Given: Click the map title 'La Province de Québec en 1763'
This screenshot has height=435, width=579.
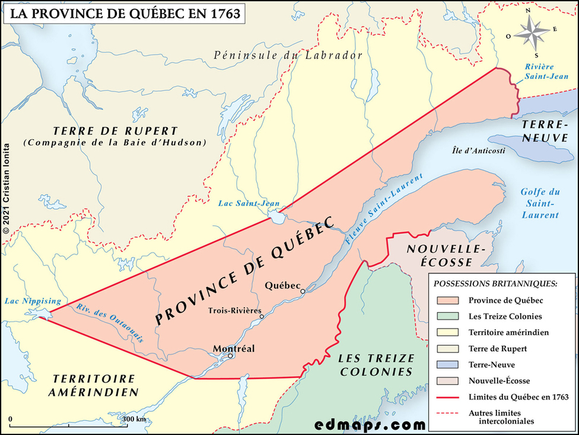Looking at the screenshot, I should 123,14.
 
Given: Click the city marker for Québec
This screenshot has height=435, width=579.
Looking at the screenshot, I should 303,291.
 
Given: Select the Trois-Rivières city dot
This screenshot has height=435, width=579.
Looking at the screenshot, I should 262,317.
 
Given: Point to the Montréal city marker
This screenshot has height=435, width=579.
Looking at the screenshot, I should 231,356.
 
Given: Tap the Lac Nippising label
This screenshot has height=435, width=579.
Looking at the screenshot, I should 28,301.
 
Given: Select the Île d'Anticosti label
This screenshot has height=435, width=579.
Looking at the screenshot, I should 479,150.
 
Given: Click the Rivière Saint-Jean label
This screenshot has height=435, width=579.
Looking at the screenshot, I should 546,71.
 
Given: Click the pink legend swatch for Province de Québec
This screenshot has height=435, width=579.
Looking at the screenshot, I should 447,301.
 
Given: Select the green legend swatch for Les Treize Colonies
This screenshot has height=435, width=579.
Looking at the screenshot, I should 447,317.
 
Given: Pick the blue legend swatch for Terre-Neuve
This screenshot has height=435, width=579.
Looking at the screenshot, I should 447,364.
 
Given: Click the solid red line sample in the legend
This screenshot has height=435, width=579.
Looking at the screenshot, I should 447,396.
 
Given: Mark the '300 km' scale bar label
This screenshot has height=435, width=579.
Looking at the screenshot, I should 133,419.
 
